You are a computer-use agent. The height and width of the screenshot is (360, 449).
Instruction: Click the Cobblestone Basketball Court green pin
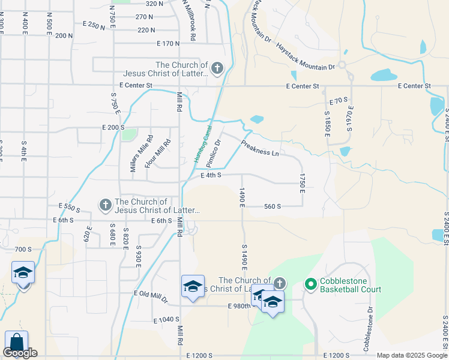coord(310,283)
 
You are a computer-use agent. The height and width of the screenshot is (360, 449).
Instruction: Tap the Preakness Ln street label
coord(259,148)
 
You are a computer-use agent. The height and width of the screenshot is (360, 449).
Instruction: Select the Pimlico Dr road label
coord(214,153)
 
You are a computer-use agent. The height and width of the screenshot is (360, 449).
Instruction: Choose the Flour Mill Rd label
coord(164,153)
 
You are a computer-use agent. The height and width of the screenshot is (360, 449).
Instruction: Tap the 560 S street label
coord(273,206)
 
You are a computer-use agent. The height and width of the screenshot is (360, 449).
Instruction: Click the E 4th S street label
coord(211,175)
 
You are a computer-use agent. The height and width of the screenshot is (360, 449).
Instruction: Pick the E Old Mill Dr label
coord(150,295)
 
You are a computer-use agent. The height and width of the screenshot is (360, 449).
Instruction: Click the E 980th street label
coord(238,306)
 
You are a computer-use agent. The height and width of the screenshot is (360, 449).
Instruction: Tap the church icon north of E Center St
coord(217,68)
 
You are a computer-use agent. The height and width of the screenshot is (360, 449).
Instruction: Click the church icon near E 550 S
coord(105,205)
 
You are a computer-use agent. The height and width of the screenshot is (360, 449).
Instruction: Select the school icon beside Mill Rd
coord(193,286)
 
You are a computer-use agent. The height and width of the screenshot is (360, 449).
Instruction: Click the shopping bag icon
coord(16,342)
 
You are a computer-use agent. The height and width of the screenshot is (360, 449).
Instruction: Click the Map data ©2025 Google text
coord(412,355)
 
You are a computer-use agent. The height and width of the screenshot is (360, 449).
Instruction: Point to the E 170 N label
coord(168,43)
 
